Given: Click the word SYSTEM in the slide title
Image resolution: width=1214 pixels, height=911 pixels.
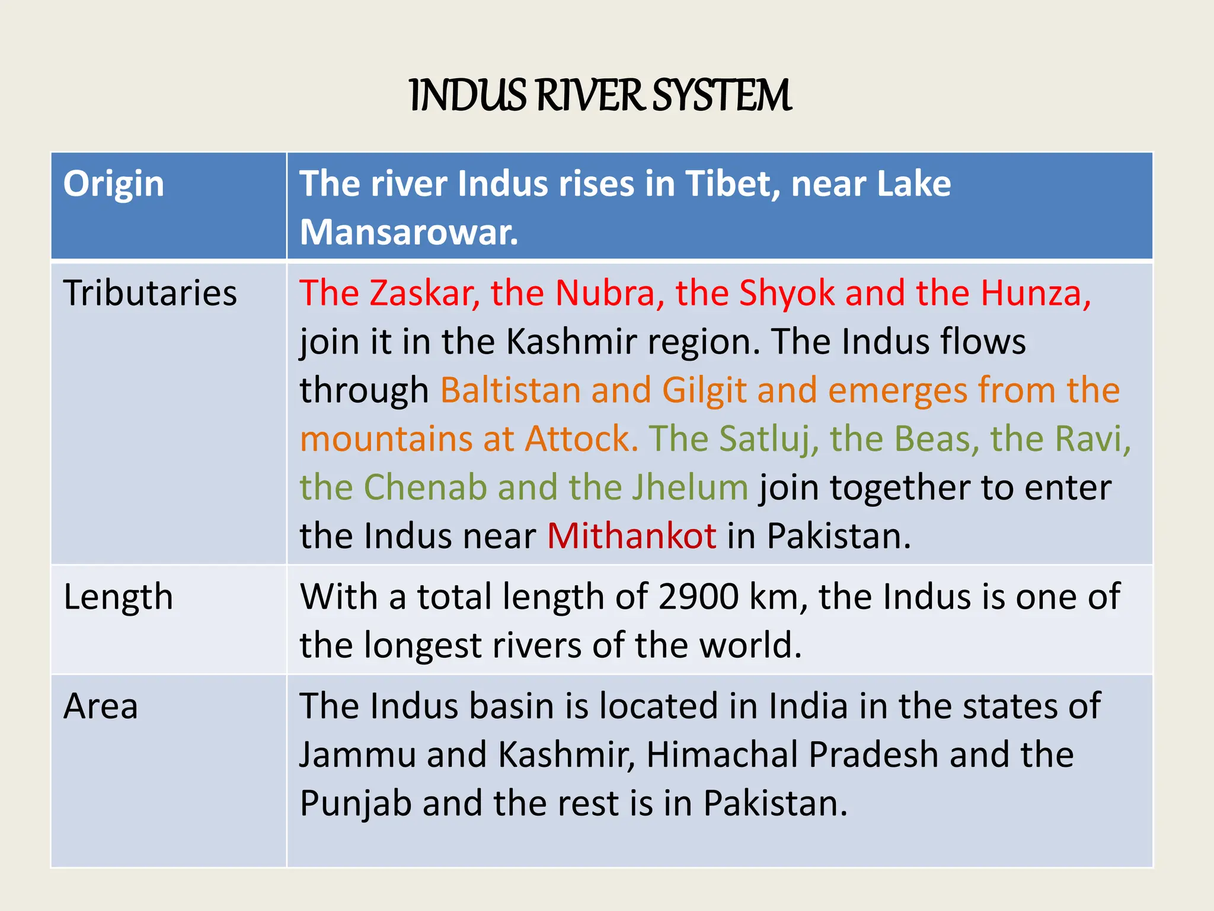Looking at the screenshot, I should pos(722,96).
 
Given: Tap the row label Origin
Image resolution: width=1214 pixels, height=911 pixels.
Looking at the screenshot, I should pos(114,184).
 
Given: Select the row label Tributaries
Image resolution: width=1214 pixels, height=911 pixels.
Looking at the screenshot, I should pos(150,293).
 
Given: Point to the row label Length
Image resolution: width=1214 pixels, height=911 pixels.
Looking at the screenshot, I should pos(118,597).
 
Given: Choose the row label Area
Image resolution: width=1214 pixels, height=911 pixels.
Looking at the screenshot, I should pos(101,706).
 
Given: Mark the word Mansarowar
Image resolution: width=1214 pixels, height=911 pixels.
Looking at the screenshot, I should pos(408,232).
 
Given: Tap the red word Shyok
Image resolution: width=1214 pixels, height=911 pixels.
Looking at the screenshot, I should pos(787,293).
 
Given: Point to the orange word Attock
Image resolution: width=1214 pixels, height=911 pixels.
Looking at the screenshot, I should pos(582,439).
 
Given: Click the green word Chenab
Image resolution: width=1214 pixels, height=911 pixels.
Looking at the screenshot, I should pos(425,488).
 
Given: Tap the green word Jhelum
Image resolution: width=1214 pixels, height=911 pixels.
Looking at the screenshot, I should pos(689,488).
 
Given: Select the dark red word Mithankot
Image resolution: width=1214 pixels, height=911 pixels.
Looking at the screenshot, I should pos(631,536).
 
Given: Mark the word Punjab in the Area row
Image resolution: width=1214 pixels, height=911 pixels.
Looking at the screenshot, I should pos(356,804).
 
